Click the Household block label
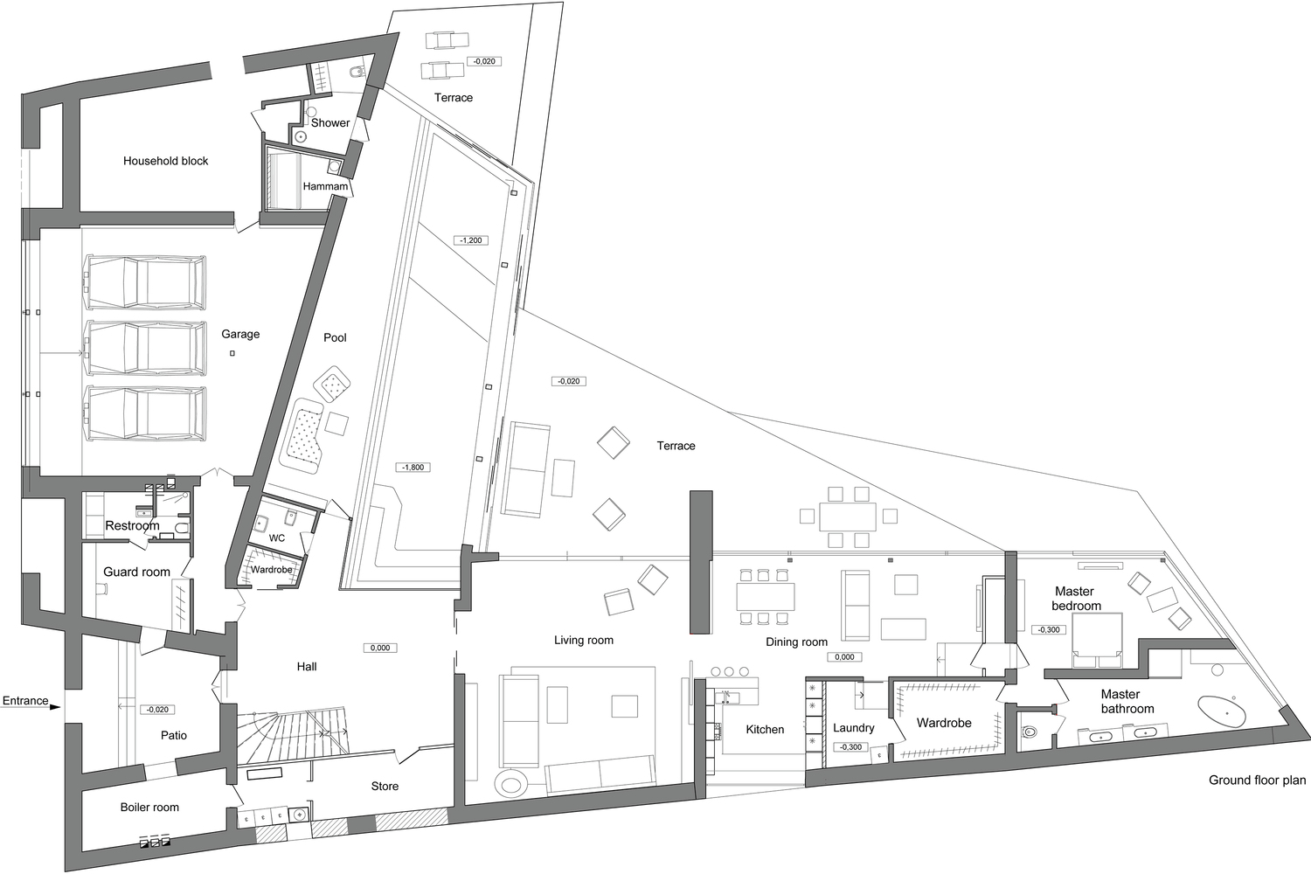coord(165,161)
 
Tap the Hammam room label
coord(325,186)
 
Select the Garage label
coord(240,334)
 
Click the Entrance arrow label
coord(25,701)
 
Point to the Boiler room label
coord(149,808)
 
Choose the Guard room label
coord(136,572)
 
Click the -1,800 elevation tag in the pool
coord(413,468)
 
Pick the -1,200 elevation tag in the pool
coord(470,240)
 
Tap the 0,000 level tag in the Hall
coord(380,649)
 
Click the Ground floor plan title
coord(1257,780)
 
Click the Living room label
coord(584,640)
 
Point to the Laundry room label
coord(853,728)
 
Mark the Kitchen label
coord(765,729)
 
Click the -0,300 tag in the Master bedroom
coord(1048,630)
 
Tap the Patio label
coord(174,735)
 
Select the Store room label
coord(385,787)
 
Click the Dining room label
coord(796,642)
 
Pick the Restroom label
coord(132,525)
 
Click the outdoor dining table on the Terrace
coord(847,517)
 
